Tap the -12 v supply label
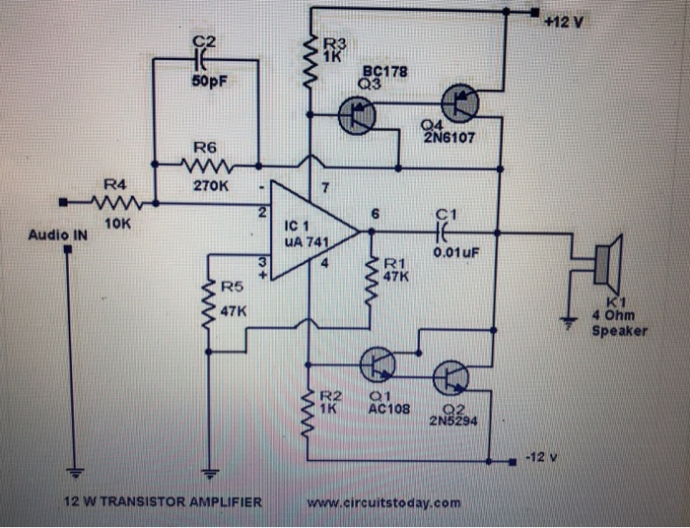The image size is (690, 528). click(x=543, y=458)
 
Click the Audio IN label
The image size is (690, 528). click(x=58, y=235)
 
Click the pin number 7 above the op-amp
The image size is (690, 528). click(x=322, y=186)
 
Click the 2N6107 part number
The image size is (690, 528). click(x=448, y=138)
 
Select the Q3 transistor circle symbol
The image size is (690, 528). click(x=357, y=116)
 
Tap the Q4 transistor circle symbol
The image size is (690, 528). click(x=459, y=100)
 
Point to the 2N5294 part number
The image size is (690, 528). click(x=453, y=420)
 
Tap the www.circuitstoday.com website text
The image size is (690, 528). click(x=383, y=502)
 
